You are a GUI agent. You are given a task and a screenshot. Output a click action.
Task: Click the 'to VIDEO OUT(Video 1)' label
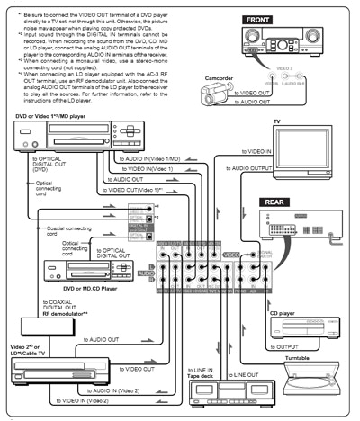tap(142, 190)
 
